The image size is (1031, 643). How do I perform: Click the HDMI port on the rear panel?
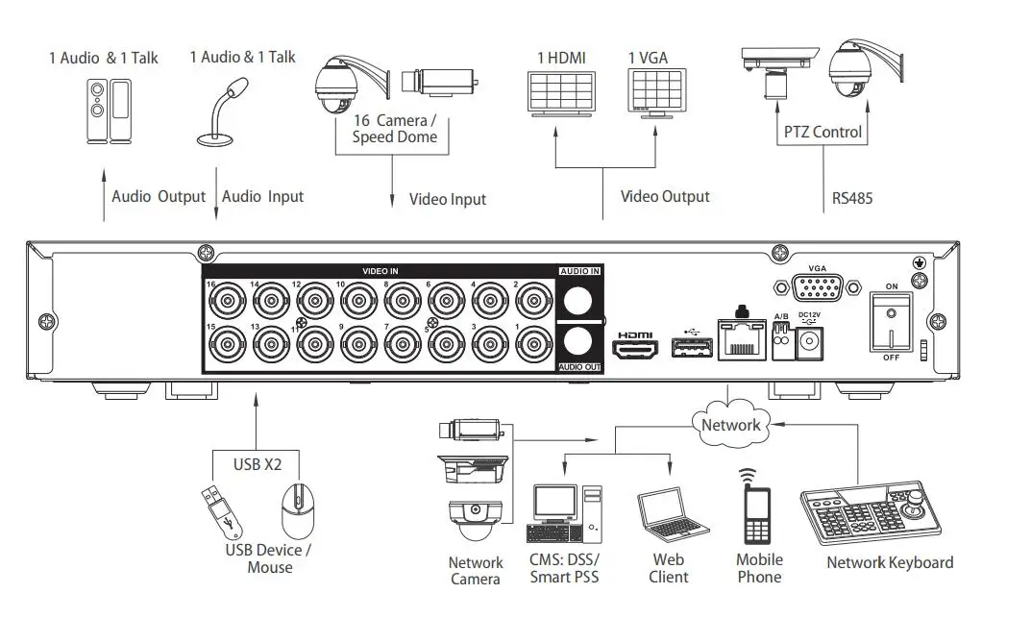[x=634, y=347]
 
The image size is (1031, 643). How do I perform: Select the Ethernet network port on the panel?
[x=741, y=337]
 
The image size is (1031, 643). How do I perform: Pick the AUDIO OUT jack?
[x=580, y=342]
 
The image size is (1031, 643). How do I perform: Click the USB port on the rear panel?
[x=686, y=348]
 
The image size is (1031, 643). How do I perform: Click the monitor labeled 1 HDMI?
[x=560, y=93]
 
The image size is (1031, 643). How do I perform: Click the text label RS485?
[x=851, y=200]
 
